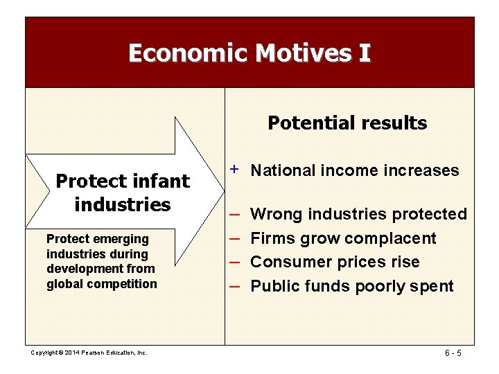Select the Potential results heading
(x=347, y=123)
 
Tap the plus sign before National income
(x=235, y=169)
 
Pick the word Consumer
(x=285, y=262)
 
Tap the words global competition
(x=102, y=284)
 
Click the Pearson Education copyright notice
(x=89, y=353)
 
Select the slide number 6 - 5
(x=453, y=353)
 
